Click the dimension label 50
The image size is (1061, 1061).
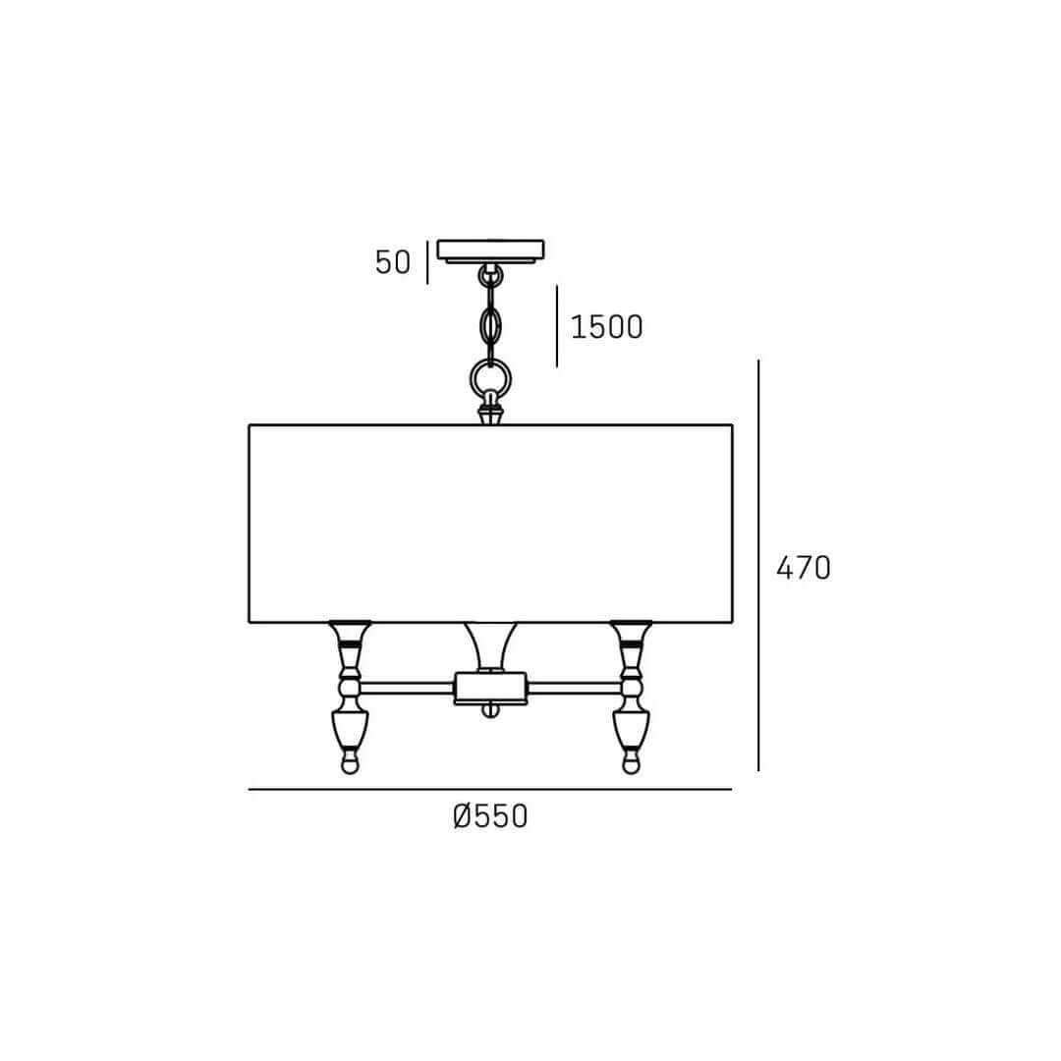pos(393,262)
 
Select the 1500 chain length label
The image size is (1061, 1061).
pos(607,327)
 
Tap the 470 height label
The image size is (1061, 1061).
pos(804,568)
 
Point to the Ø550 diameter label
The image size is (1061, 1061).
pos(490,816)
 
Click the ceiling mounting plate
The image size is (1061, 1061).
pos(490,251)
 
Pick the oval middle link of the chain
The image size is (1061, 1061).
pos(490,326)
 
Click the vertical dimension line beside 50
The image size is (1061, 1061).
pos(427,262)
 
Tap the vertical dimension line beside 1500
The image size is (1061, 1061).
pos(557,326)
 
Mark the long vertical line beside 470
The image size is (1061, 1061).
pos(758,565)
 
